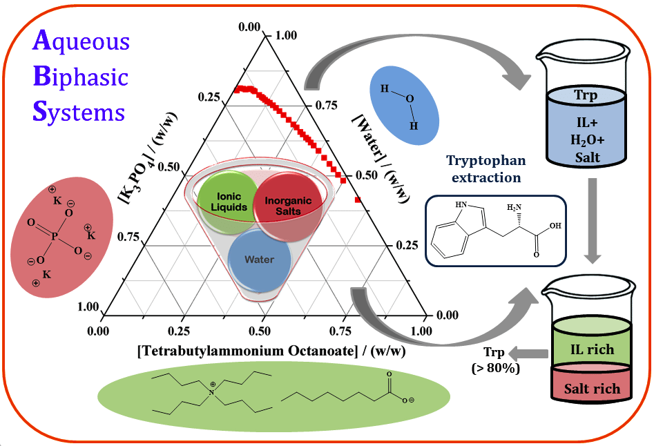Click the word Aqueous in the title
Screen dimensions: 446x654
pos(81,43)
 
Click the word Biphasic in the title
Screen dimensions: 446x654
pos(81,77)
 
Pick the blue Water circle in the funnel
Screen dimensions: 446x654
pos(259,260)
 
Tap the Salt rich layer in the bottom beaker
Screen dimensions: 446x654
pos(591,389)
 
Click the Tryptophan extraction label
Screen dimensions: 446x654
pos(486,168)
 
